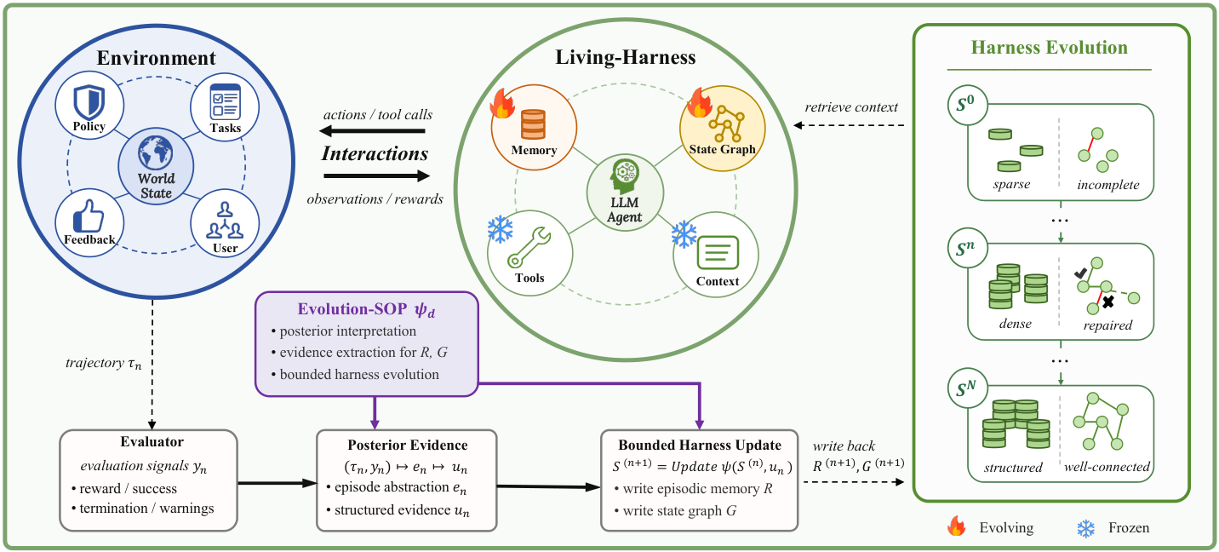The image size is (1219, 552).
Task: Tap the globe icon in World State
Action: pyautogui.click(x=155, y=153)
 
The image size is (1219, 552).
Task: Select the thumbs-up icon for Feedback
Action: pyautogui.click(x=89, y=216)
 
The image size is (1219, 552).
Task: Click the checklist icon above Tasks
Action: pyautogui.click(x=225, y=102)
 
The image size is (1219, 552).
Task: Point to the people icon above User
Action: pyautogui.click(x=225, y=221)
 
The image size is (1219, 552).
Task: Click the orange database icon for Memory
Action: pyautogui.click(x=533, y=124)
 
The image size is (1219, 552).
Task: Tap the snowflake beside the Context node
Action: pyautogui.click(x=684, y=234)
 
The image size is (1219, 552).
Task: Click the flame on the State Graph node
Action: pyautogui.click(x=699, y=102)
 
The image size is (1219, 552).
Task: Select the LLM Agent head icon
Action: pyautogui.click(x=625, y=175)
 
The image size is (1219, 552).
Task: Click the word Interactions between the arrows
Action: pyautogui.click(x=375, y=153)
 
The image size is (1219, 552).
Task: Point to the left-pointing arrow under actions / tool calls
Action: pyautogui.click(x=372, y=130)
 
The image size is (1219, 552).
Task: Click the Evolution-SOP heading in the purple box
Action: pyautogui.click(x=366, y=309)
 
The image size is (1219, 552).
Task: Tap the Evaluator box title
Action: pyautogui.click(x=152, y=441)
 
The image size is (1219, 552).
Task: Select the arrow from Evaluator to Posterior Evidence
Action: pyautogui.click(x=278, y=483)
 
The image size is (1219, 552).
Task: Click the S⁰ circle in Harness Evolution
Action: pyautogui.click(x=968, y=105)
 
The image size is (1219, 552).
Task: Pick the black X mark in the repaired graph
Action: pyautogui.click(x=1108, y=302)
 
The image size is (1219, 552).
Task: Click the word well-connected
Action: pyautogui.click(x=1107, y=467)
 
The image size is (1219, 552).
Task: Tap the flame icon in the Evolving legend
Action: pyautogui.click(x=956, y=526)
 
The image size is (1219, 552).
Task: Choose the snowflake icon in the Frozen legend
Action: pyautogui.click(x=1085, y=528)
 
